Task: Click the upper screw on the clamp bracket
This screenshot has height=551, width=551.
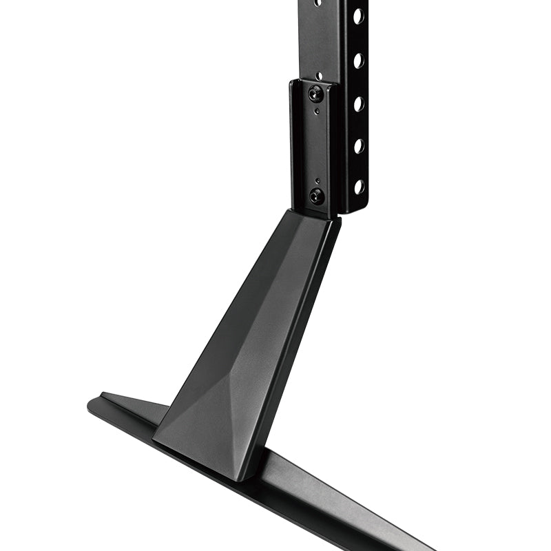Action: [315, 92]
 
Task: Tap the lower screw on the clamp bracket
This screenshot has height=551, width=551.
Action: [317, 196]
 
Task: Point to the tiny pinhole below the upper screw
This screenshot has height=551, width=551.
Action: [316, 111]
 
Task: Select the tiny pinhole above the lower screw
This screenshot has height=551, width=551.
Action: [317, 180]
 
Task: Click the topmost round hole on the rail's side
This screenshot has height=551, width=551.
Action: [359, 16]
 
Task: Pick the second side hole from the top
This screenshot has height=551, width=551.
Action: [359, 60]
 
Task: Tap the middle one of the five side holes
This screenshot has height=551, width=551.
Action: [359, 103]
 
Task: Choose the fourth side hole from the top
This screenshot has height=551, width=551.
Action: [359, 145]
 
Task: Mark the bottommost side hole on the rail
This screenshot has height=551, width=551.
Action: [359, 186]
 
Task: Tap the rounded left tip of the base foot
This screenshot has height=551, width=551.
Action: [92, 405]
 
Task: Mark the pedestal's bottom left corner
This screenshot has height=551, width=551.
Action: [155, 439]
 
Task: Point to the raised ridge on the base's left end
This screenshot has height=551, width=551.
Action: [131, 400]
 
